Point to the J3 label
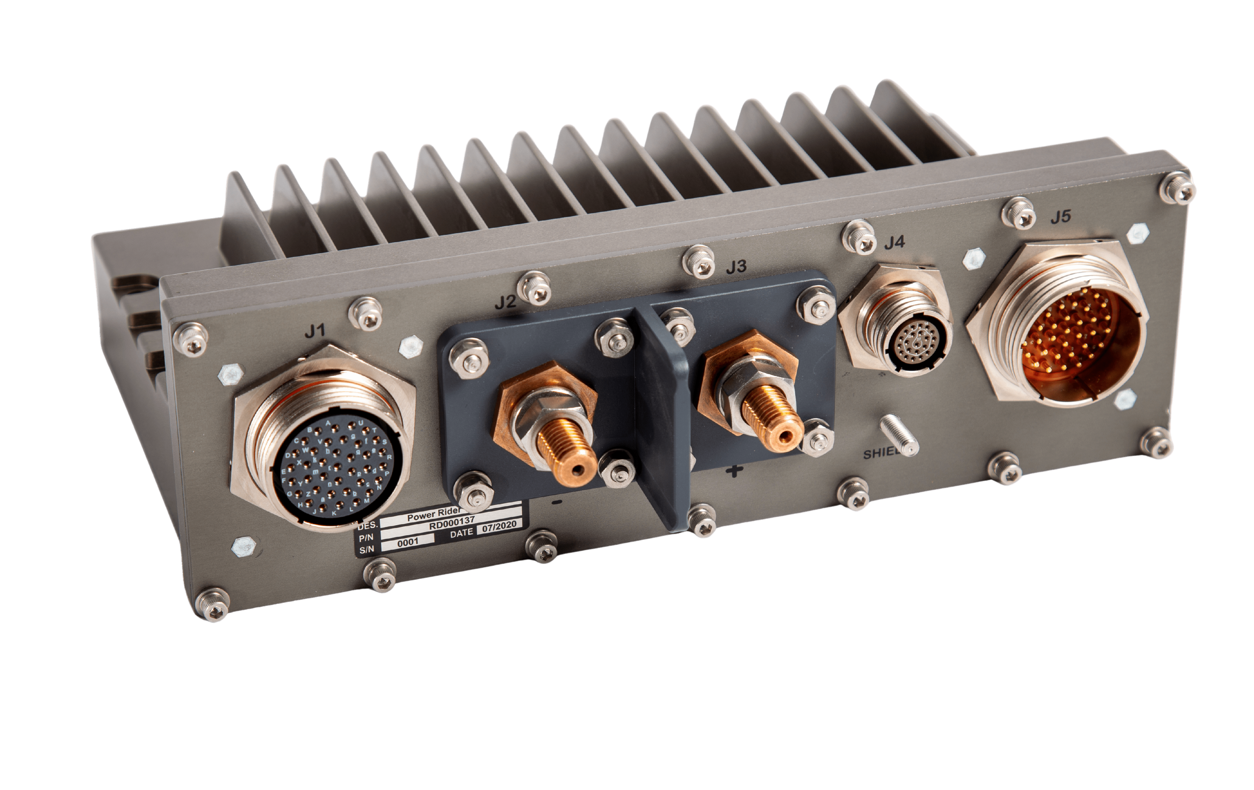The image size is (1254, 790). pos(736,267)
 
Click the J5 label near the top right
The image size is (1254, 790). pos(1060,216)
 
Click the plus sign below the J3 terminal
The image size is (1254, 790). pos(734,471)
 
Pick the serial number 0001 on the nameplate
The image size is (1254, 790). pos(408,542)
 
